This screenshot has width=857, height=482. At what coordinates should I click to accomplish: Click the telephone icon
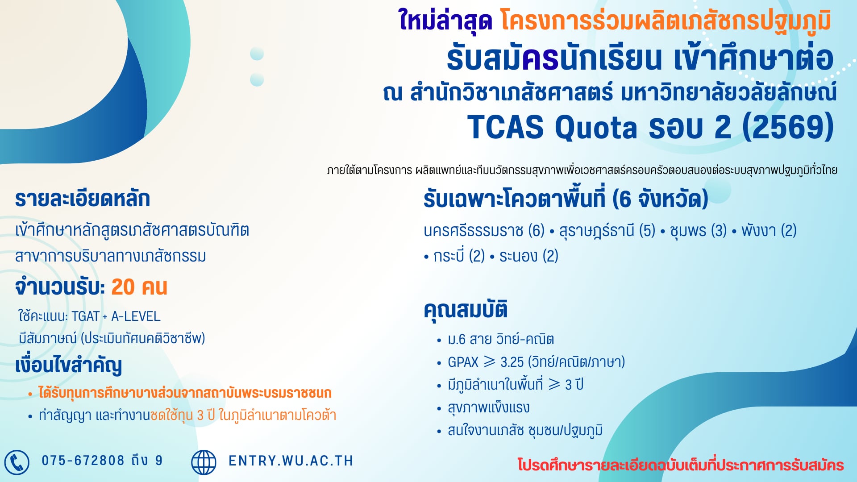click(17, 462)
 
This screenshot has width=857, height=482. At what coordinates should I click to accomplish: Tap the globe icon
click(204, 462)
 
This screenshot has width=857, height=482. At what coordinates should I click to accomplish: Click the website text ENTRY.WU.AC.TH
click(291, 461)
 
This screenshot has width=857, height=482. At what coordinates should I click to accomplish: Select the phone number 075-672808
click(83, 461)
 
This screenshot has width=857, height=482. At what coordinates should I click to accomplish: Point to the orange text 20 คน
click(139, 287)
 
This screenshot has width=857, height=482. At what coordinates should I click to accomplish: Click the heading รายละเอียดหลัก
click(83, 199)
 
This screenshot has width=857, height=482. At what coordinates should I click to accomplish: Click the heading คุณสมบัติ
click(466, 309)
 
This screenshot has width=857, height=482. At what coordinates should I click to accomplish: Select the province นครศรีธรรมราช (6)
click(484, 231)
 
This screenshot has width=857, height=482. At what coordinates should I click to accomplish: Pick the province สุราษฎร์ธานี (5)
click(607, 231)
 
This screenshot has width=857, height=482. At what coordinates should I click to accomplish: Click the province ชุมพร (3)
click(698, 231)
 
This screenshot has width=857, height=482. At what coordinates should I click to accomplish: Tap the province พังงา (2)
click(769, 231)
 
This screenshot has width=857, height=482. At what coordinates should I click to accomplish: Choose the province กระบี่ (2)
click(459, 256)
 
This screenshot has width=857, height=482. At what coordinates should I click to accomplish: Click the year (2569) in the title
click(788, 127)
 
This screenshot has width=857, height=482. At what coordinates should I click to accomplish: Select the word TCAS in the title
click(505, 128)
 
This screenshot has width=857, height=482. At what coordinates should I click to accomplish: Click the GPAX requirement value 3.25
click(512, 362)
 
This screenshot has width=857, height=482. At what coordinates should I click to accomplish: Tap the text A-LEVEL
click(136, 316)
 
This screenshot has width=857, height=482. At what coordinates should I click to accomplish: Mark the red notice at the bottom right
click(681, 465)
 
